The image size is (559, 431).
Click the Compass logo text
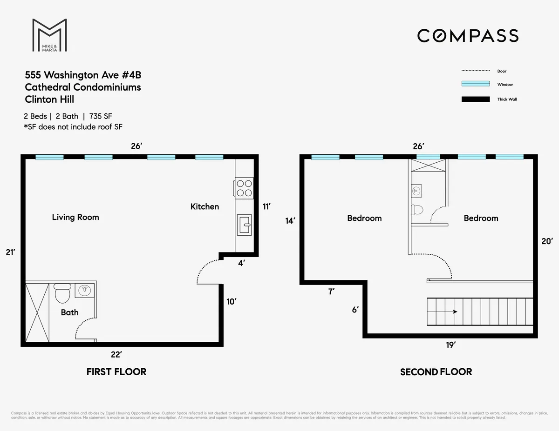467,36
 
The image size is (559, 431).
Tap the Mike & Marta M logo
49,35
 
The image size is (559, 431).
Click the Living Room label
75,217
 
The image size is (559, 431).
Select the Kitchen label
205,206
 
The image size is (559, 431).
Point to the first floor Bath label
69,312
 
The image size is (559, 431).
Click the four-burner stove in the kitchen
244,188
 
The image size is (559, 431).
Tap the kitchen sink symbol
244,225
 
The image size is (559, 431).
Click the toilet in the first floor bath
62,293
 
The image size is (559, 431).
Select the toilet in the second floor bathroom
417,210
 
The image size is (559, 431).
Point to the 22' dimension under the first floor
116,354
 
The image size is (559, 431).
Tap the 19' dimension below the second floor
451,345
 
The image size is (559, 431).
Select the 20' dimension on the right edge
547,241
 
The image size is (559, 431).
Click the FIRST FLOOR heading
116,371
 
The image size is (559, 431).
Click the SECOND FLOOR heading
436,372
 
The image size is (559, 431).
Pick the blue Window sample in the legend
475,84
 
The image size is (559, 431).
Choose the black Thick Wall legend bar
475,99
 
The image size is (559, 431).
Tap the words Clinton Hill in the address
49,99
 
